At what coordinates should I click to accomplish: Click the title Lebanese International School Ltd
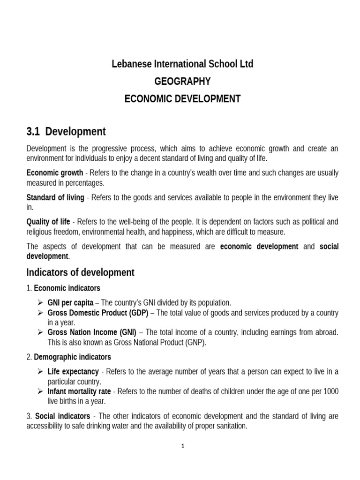pyautogui.click(x=182, y=64)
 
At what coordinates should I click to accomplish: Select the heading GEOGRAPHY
pyautogui.click(x=182, y=82)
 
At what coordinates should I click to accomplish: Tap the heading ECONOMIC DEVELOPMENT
pyautogui.click(x=182, y=99)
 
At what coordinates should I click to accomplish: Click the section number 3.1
pyautogui.click(x=35, y=131)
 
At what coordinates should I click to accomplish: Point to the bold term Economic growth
pyautogui.click(x=54, y=172)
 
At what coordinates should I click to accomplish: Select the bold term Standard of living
pyautogui.click(x=55, y=198)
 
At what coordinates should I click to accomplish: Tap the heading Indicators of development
pyautogui.click(x=80, y=272)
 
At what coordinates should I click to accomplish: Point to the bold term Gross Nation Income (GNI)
pyautogui.click(x=92, y=332)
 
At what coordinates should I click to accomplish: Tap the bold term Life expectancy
pyautogui.click(x=73, y=372)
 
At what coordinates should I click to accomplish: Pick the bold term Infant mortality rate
pyautogui.click(x=79, y=391)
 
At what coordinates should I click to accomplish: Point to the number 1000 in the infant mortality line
pyautogui.click(x=329, y=391)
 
